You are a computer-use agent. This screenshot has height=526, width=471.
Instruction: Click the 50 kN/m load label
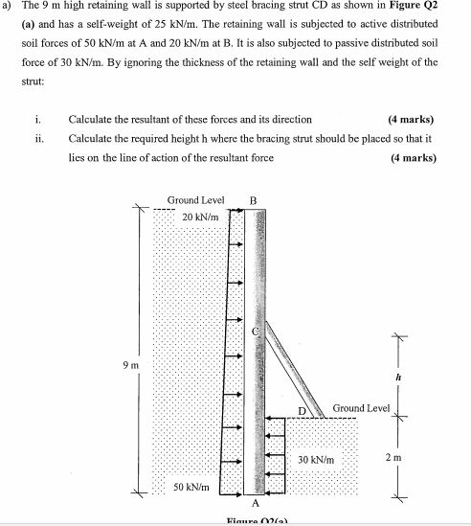(191, 489)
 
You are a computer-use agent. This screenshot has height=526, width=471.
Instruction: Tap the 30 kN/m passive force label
(316, 460)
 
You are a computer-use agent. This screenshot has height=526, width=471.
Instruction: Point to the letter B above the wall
(253, 200)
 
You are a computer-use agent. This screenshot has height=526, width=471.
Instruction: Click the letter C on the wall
(256, 331)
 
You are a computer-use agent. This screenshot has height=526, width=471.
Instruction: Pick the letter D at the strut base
(301, 411)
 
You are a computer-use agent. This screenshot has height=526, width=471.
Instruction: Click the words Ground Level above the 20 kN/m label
(195, 200)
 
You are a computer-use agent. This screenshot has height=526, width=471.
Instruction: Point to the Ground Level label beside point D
(361, 409)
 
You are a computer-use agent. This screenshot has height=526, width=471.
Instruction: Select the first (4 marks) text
(411, 120)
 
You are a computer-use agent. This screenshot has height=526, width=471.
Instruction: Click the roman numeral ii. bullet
(36, 138)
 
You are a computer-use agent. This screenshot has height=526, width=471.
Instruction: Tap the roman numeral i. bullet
(35, 120)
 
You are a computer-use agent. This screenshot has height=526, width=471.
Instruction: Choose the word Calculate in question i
(92, 120)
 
